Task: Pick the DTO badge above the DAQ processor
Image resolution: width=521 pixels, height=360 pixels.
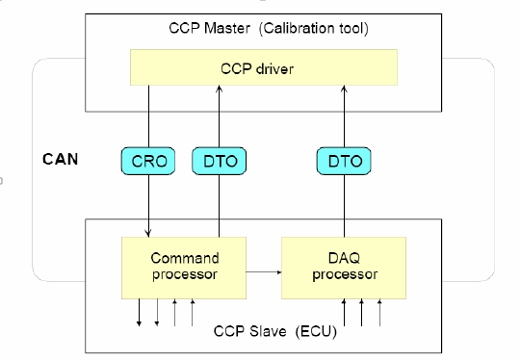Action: click(x=344, y=162)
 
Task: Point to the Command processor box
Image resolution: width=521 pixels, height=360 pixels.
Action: click(x=185, y=267)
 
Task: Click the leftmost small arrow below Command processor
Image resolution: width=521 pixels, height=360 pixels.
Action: click(x=139, y=313)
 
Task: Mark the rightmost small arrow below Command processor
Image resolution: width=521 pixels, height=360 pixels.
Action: click(x=194, y=313)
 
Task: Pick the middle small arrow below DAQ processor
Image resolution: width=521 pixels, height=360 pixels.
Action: click(x=362, y=313)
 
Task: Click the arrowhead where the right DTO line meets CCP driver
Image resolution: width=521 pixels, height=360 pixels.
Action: click(x=344, y=89)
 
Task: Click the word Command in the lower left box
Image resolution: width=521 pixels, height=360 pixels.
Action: click(x=185, y=258)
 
